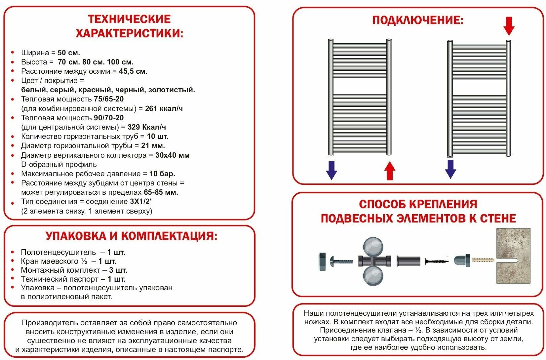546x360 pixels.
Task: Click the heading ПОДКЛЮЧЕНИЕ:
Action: point(418,20)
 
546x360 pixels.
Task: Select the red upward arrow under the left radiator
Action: point(390,171)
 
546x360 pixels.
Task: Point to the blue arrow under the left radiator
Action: point(331,170)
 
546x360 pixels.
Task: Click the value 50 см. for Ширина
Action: point(69,53)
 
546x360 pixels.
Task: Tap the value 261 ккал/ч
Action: point(164,108)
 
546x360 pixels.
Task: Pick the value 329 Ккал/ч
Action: point(147,127)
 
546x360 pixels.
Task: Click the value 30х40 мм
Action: point(173,155)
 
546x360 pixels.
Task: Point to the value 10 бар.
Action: point(162,174)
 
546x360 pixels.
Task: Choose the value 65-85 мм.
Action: point(161,192)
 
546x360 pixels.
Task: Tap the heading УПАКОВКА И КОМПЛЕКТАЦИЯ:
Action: point(132,236)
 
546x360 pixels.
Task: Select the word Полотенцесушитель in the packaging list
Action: point(58,252)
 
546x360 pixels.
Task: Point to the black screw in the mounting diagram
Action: point(437,261)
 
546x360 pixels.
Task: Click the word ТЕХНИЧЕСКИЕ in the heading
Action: point(129,19)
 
